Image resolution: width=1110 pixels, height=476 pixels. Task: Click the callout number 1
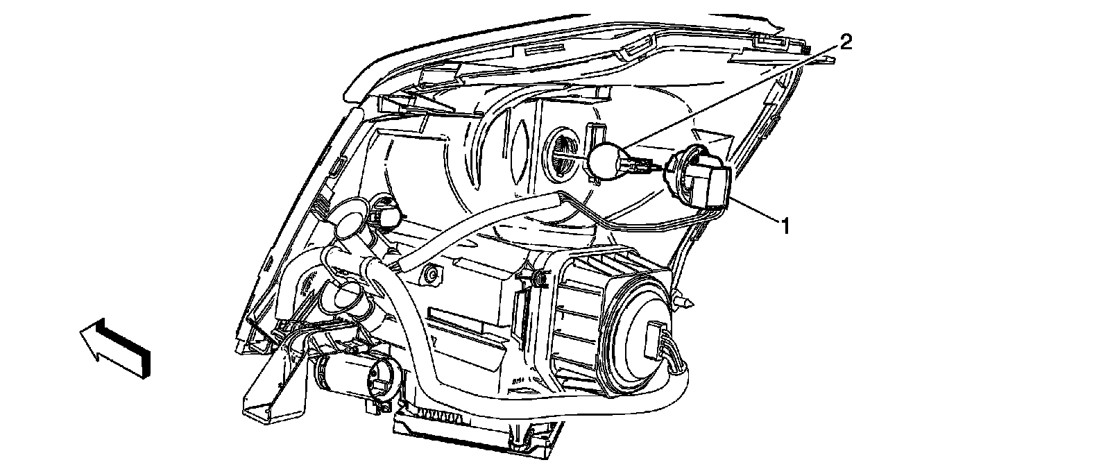(x=785, y=226)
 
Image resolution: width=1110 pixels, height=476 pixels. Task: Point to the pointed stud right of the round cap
(x=685, y=300)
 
